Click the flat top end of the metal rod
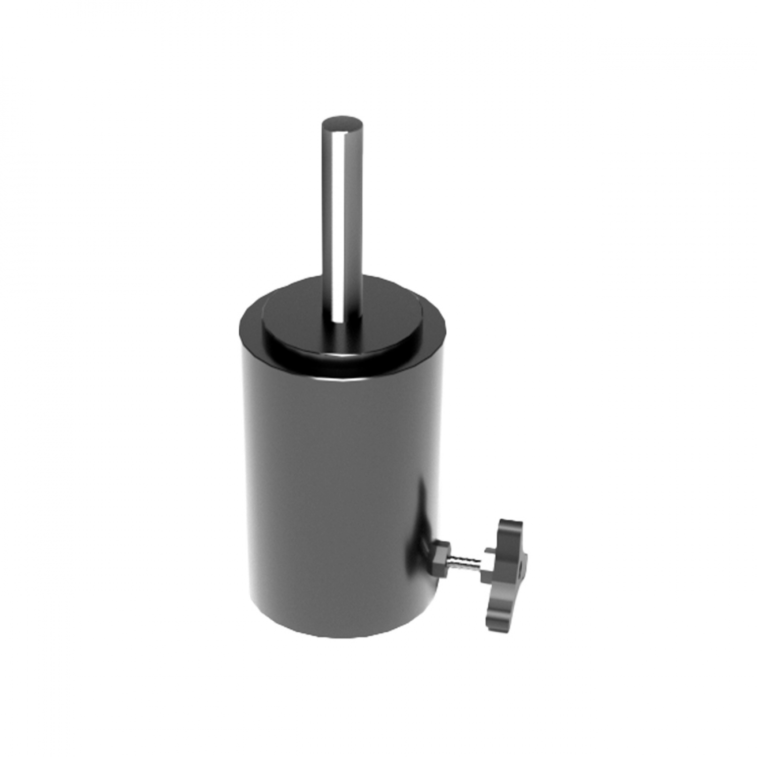tap(343, 123)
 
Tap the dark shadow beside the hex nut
tap(426, 548)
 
